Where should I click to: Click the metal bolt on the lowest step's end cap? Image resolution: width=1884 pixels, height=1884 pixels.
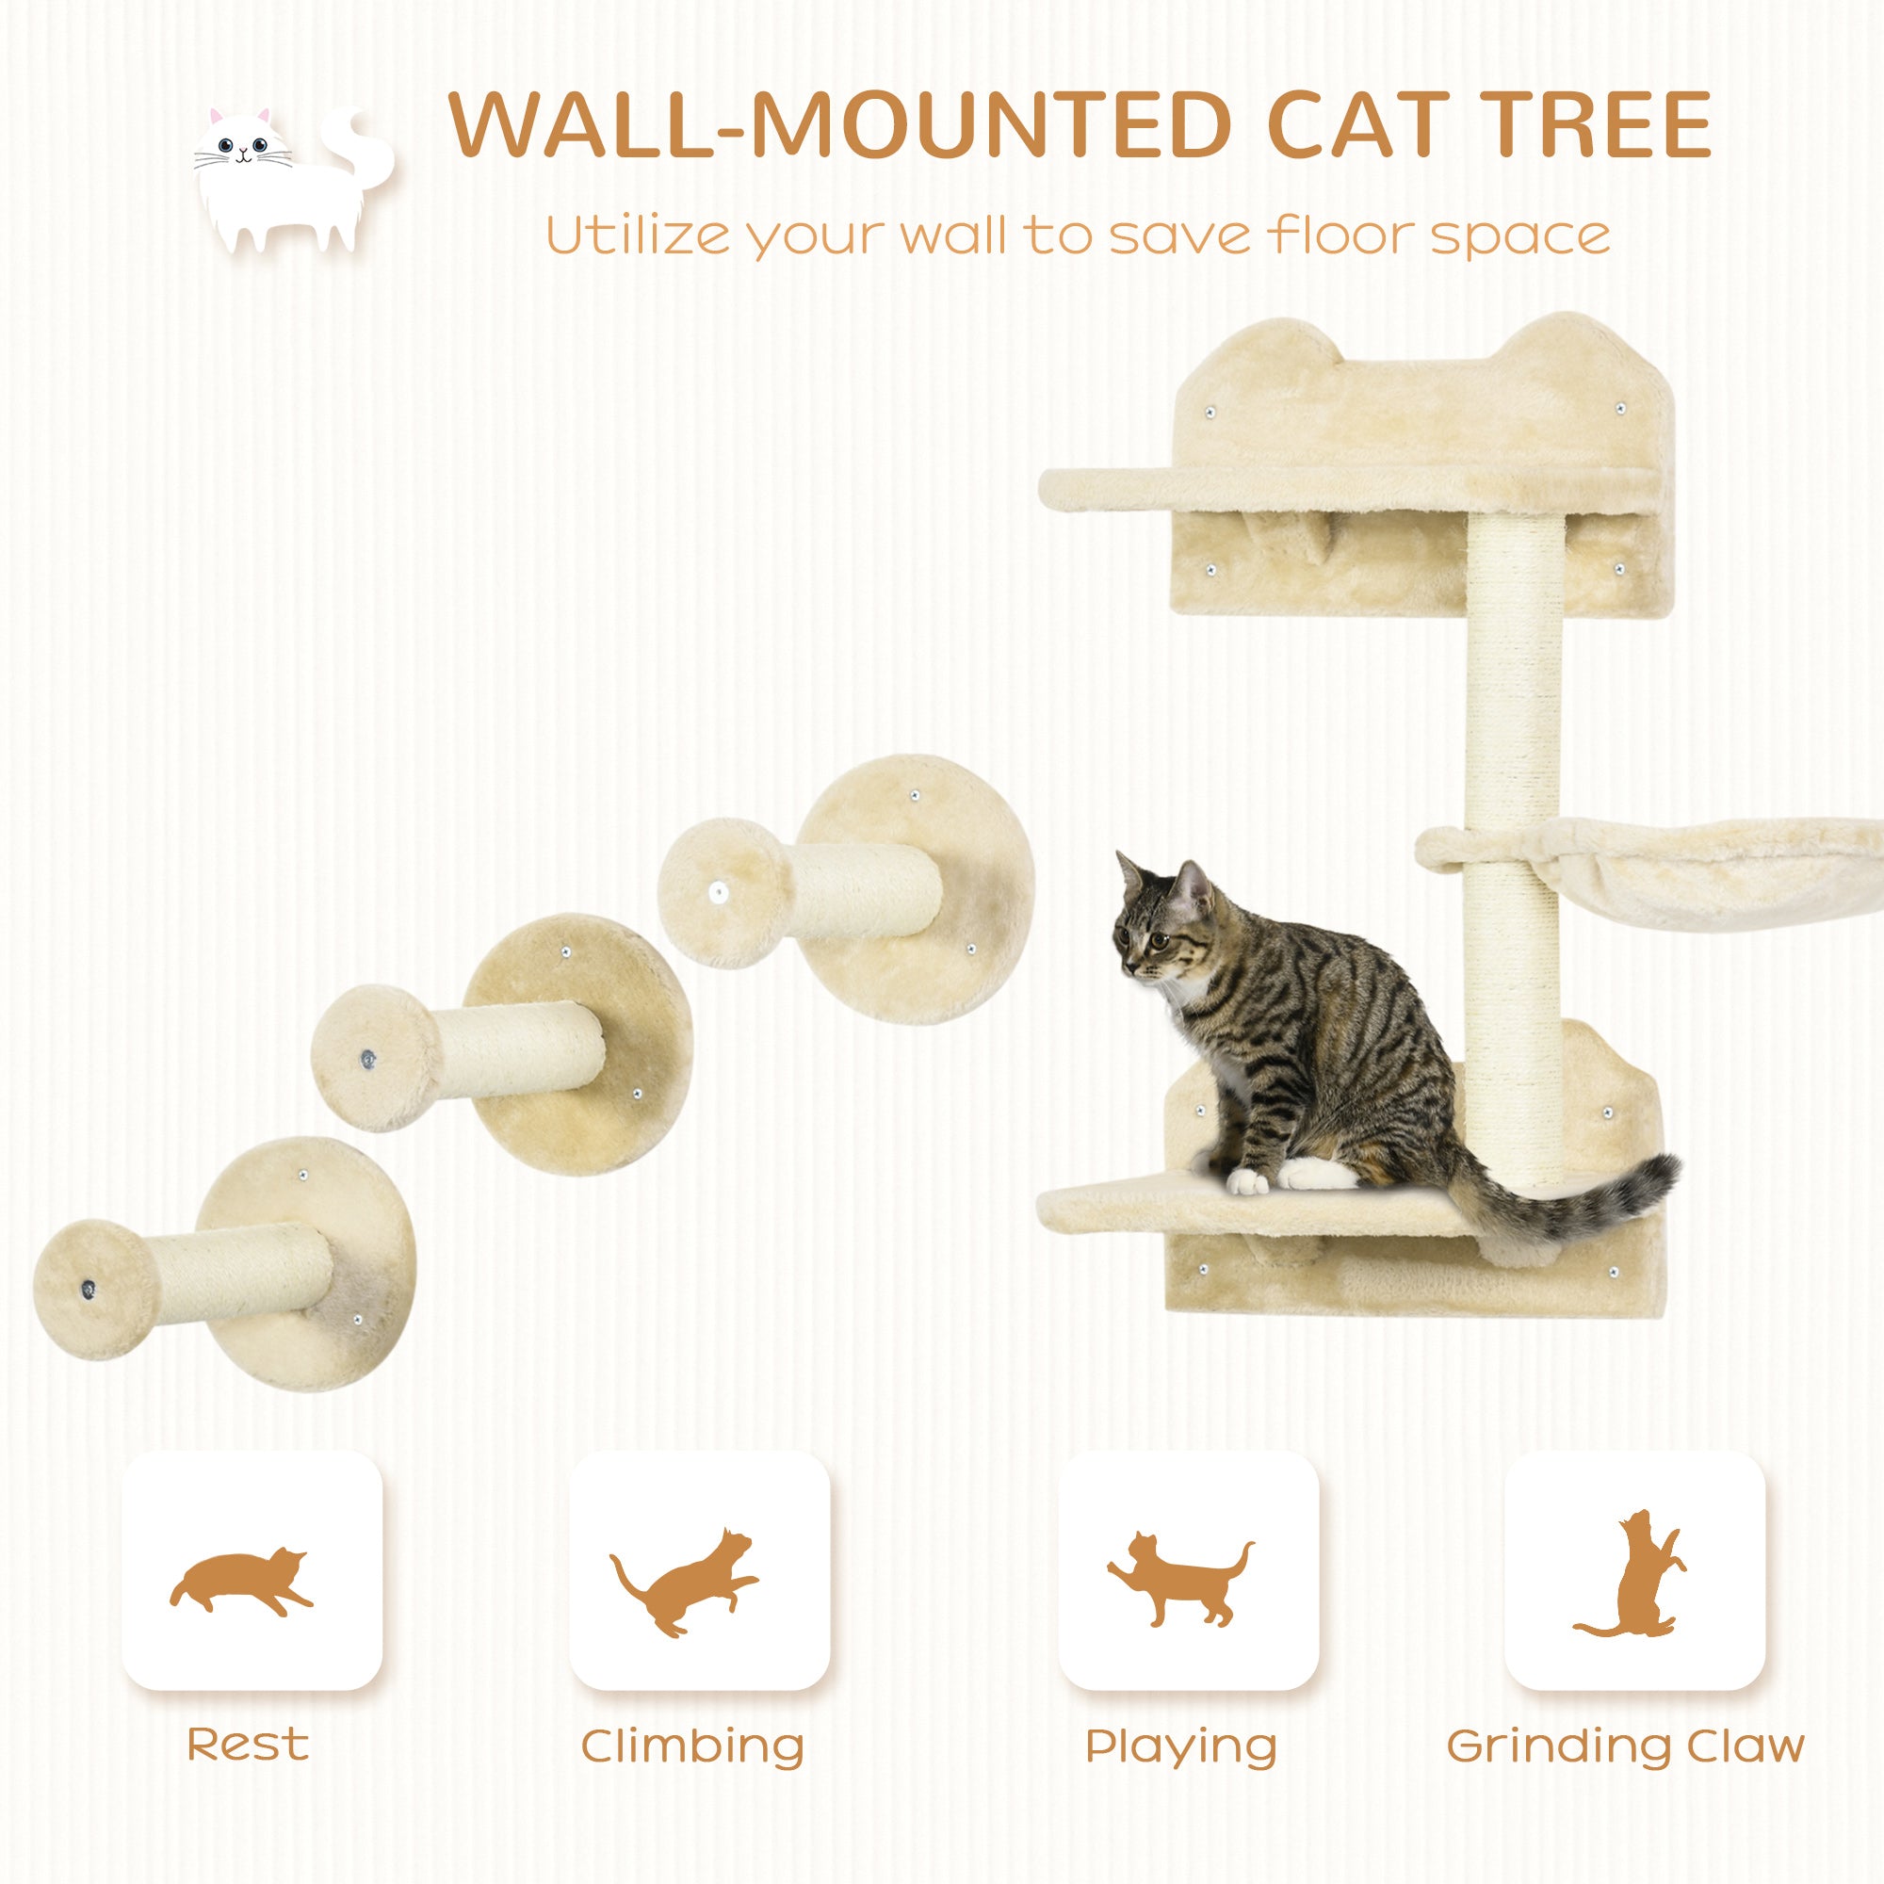[x=89, y=1291]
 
